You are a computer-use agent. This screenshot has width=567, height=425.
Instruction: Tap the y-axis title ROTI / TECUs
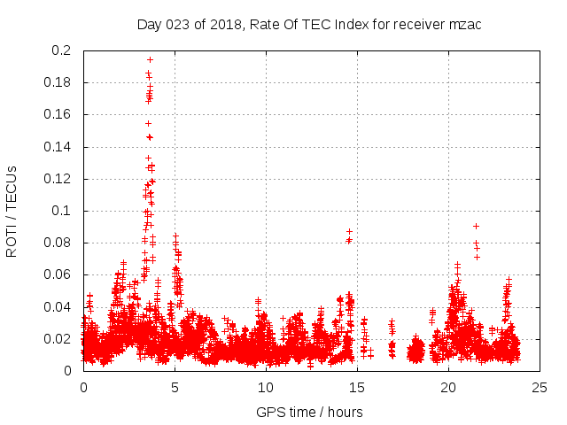(x=12, y=211)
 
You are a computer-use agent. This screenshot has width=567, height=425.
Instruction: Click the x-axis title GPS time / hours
(x=309, y=412)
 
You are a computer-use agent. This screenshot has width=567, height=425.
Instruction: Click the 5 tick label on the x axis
(x=175, y=387)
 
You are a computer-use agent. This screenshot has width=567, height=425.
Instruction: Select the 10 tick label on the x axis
(x=267, y=387)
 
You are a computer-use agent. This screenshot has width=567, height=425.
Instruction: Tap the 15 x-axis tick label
(x=358, y=387)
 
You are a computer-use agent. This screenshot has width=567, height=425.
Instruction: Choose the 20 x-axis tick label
(x=449, y=387)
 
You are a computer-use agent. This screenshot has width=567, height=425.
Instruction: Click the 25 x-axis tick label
(x=540, y=387)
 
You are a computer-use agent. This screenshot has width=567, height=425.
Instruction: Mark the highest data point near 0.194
(x=150, y=60)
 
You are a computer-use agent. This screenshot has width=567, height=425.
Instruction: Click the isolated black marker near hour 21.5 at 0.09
(x=476, y=226)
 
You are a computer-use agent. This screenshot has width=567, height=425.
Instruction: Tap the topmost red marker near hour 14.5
(x=349, y=231)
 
